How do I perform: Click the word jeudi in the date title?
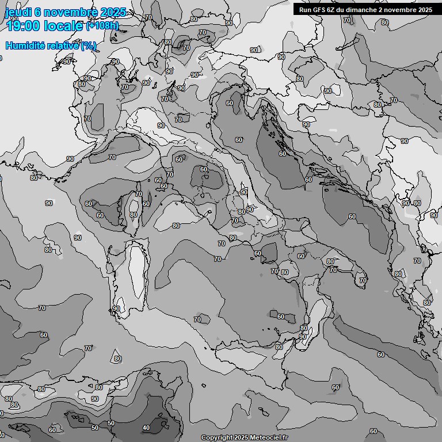(17, 12)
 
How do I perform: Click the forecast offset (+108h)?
(102, 25)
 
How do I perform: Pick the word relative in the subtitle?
(63, 45)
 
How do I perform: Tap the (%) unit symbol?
(89, 45)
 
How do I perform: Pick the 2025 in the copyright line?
(242, 438)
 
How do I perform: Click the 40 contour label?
(146, 428)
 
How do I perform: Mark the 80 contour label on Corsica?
(134, 215)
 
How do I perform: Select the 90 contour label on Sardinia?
(116, 308)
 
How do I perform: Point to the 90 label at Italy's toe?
(303, 336)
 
